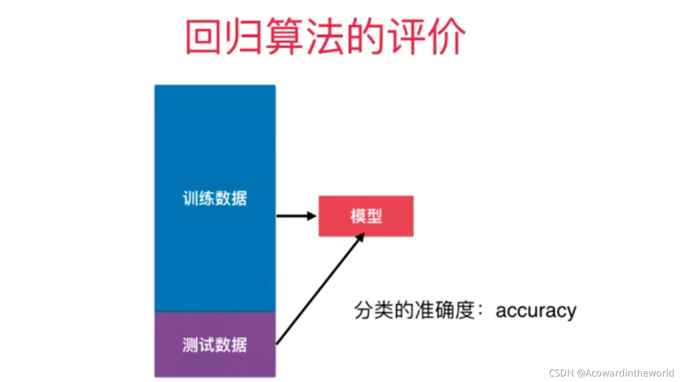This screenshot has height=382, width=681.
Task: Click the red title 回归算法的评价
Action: (325, 37)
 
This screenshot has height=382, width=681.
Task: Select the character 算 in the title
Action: (284, 38)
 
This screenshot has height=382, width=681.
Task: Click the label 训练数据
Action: (215, 199)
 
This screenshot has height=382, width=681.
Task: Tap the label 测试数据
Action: (215, 345)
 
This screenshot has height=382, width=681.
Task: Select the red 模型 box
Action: (366, 216)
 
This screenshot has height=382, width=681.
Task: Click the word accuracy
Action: (536, 310)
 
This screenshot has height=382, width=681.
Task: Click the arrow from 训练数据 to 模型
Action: (295, 216)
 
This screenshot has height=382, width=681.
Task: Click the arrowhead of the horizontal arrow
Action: (312, 216)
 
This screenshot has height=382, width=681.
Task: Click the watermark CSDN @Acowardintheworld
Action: (611, 373)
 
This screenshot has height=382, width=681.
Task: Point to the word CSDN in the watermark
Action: (561, 373)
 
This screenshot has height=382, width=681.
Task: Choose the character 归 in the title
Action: (244, 38)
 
